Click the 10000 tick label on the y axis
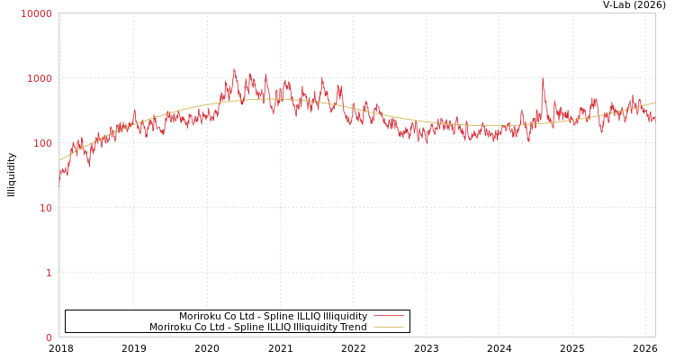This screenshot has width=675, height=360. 36,13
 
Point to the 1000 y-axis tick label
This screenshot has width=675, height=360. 39,78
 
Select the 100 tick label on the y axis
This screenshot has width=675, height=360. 41,143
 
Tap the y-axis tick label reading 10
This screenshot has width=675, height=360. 44,208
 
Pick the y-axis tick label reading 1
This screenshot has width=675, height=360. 49,273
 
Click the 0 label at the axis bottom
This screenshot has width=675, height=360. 49,337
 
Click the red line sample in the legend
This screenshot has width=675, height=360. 388,316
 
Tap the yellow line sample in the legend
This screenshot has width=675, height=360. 388,327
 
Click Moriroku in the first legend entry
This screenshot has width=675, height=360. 200,316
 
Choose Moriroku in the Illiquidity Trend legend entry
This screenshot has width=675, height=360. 170,327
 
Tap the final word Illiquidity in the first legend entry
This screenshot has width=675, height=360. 345,316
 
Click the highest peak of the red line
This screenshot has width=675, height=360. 234,69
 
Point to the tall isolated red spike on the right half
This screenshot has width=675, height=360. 543,79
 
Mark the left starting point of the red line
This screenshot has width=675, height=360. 59,183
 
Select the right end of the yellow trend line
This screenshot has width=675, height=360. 654,103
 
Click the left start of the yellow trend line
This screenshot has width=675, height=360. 59,160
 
